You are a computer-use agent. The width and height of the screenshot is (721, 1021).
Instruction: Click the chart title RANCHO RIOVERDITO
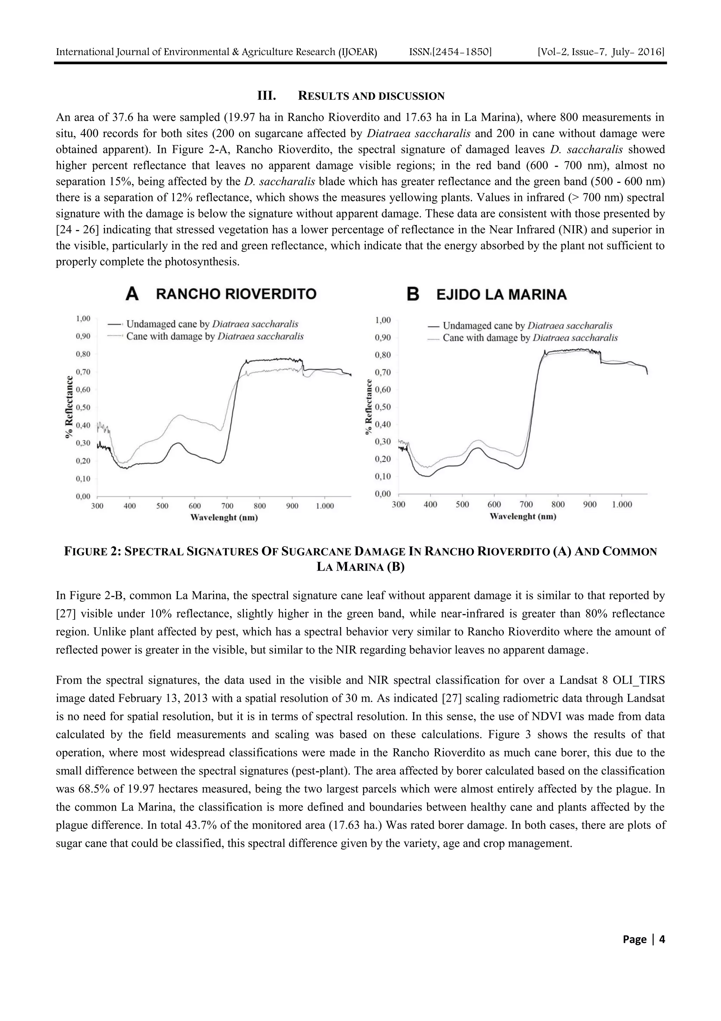(236, 294)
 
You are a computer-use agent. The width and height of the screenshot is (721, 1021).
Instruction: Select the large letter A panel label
(132, 294)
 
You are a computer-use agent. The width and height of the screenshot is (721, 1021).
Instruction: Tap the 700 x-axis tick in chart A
(227, 506)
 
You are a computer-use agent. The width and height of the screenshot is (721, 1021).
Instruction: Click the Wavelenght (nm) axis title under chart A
(224, 518)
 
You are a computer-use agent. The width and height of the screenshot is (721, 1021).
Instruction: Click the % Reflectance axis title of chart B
(368, 407)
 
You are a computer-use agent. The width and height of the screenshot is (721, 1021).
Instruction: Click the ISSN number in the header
(450, 52)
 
